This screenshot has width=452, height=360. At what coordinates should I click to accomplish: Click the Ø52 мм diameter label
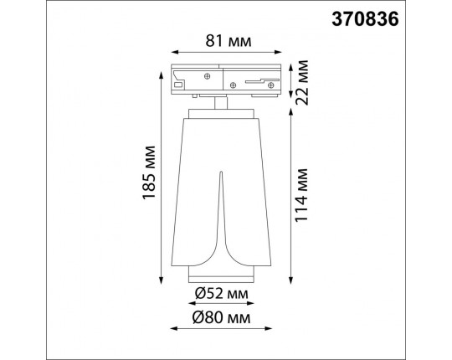(219, 294)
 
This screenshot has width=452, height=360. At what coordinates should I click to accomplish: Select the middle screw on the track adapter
(232, 85)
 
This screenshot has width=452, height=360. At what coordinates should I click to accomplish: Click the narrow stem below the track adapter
(219, 104)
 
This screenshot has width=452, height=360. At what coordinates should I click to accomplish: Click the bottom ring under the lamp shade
(219, 277)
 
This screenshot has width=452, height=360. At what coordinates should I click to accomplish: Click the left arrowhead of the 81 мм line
(172, 53)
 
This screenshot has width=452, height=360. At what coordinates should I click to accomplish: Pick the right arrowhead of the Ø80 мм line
(268, 328)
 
